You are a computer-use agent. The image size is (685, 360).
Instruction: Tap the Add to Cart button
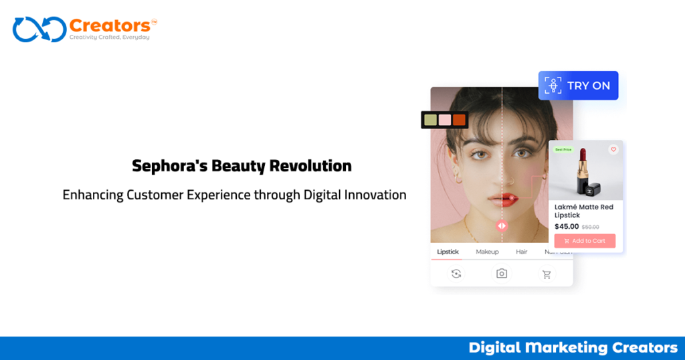pyautogui.click(x=585, y=241)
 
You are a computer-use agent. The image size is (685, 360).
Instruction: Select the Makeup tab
pyautogui.click(x=487, y=252)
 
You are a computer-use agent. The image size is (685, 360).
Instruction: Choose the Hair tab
pyautogui.click(x=522, y=252)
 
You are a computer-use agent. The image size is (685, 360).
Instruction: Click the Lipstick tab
pyautogui.click(x=448, y=252)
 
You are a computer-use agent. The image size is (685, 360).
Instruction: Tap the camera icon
pyautogui.click(x=501, y=273)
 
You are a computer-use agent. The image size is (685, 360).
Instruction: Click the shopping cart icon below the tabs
pyautogui.click(x=547, y=274)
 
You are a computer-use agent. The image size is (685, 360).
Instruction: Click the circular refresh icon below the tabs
pyautogui.click(x=456, y=273)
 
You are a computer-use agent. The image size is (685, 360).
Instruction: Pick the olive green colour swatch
pyautogui.click(x=430, y=120)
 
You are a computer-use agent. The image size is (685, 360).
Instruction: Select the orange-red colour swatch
pyautogui.click(x=459, y=120)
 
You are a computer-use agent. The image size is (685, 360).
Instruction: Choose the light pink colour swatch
pyautogui.click(x=445, y=120)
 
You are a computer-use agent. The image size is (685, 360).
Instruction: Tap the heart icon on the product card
pyautogui.click(x=613, y=150)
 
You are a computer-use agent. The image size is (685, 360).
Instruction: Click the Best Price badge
pyautogui.click(x=563, y=150)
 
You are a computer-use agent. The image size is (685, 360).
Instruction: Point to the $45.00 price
pyautogui.click(x=567, y=227)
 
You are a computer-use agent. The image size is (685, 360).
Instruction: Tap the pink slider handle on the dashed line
pyautogui.click(x=502, y=226)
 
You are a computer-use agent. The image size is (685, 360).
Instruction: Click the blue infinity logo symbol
pyautogui.click(x=39, y=29)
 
